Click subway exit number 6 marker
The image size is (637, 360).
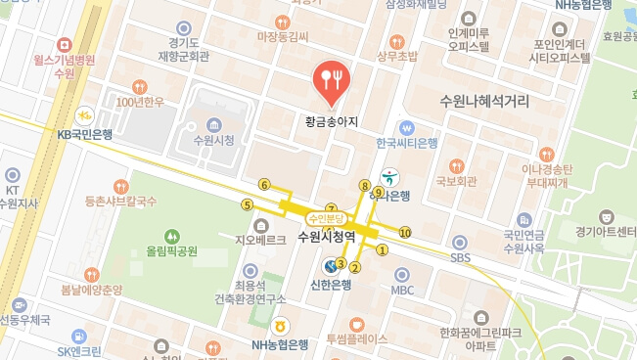click(x=264, y=184)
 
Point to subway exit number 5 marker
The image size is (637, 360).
click(x=247, y=204)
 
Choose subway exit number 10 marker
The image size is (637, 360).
click(x=405, y=232)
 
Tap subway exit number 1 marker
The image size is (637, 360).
click(x=383, y=248)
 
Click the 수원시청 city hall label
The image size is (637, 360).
click(x=214, y=140)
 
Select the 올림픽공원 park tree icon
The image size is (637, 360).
click(x=172, y=236)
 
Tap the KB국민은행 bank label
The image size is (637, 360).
click(x=84, y=134)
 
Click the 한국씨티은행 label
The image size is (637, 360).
click(x=407, y=143)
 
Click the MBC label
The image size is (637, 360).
click(x=403, y=291)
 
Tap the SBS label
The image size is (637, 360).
click(x=460, y=257)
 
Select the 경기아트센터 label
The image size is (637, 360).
click(x=607, y=232)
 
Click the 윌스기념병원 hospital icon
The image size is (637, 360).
click(x=64, y=45)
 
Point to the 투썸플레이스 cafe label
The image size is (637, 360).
click(x=357, y=338)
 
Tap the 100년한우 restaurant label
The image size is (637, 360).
click(x=139, y=102)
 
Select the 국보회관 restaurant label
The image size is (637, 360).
click(x=456, y=181)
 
